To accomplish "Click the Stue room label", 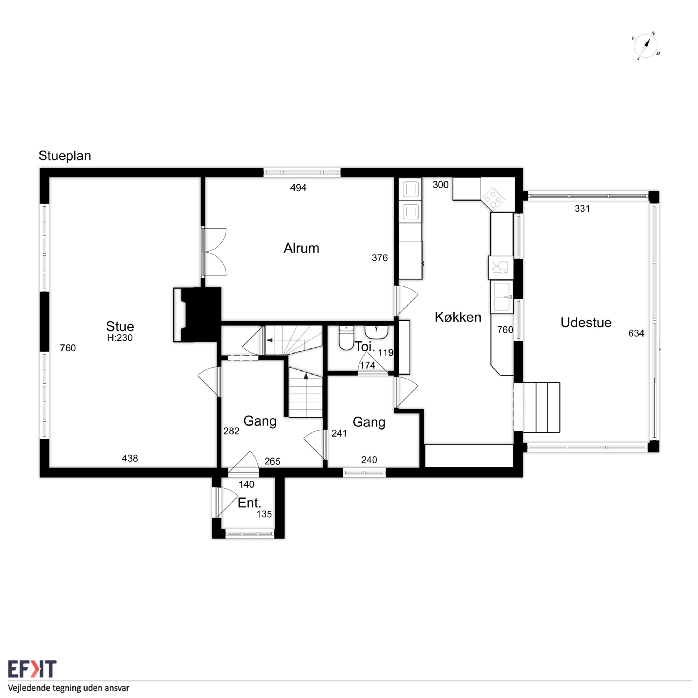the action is [120, 326].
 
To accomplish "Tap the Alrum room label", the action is [301, 248].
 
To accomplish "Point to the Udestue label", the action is [586, 322].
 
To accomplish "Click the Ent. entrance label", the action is [249, 503].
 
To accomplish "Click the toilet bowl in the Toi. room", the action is [346, 337].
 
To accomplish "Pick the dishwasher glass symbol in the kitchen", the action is [500, 267].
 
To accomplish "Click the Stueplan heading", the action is [65, 156].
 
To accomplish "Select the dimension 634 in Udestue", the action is [636, 333].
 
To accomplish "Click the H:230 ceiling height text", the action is [120, 338].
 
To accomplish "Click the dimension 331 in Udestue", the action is [582, 209].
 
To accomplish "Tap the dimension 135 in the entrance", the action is [264, 514].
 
